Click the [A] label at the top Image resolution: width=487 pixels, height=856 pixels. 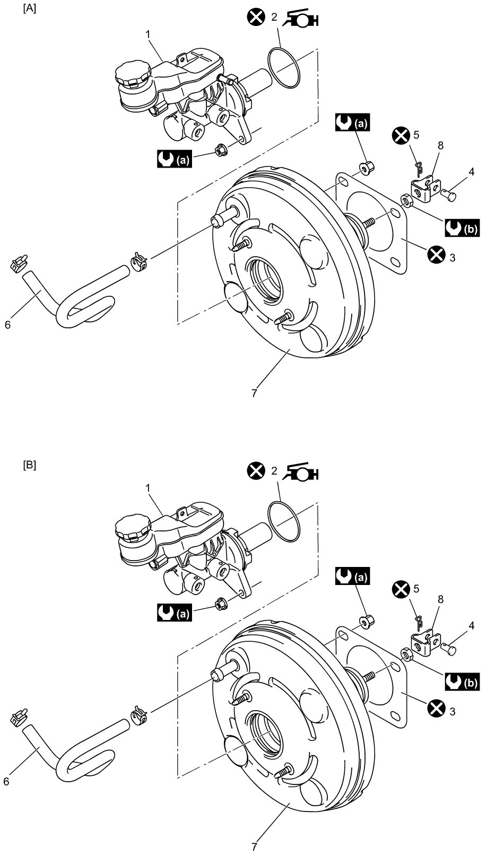pyautogui.click(x=30, y=9)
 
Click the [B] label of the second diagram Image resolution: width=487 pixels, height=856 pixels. pyautogui.click(x=30, y=466)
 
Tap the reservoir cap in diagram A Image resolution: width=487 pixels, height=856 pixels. pyautogui.click(x=131, y=75)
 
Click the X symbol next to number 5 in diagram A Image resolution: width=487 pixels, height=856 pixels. pyautogui.click(x=401, y=136)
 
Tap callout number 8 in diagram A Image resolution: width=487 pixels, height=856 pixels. pyautogui.click(x=441, y=146)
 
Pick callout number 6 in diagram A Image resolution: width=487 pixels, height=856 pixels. pyautogui.click(x=7, y=325)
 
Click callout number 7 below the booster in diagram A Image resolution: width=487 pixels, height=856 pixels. pyautogui.click(x=255, y=392)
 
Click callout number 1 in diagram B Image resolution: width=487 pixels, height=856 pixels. pyautogui.click(x=149, y=488)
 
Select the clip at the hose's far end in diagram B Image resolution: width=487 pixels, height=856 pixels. pyautogui.click(x=19, y=717)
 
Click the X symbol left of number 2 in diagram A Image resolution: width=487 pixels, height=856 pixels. pyautogui.click(x=256, y=17)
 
